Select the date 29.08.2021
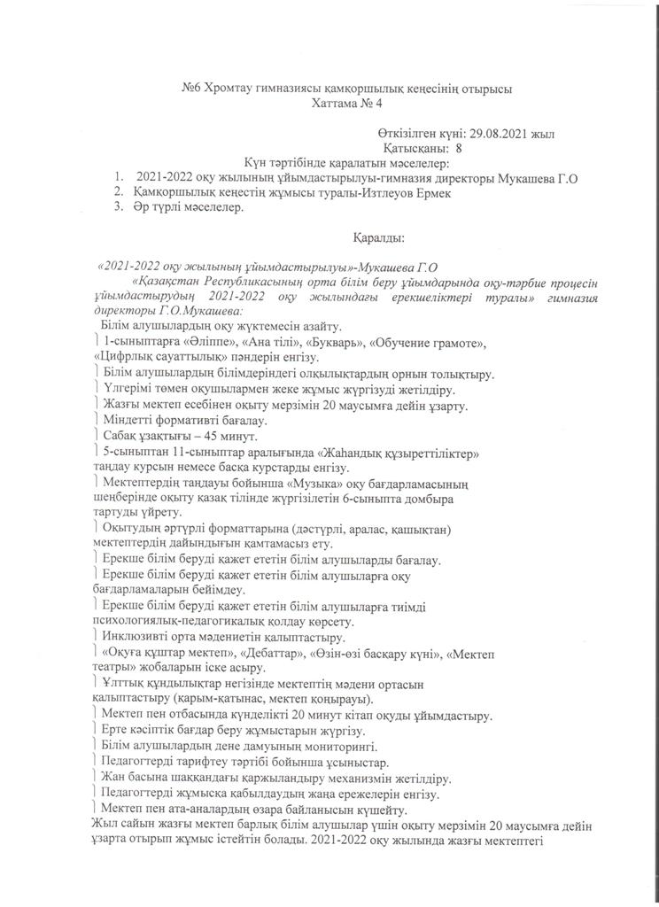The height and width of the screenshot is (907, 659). point(499,134)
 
